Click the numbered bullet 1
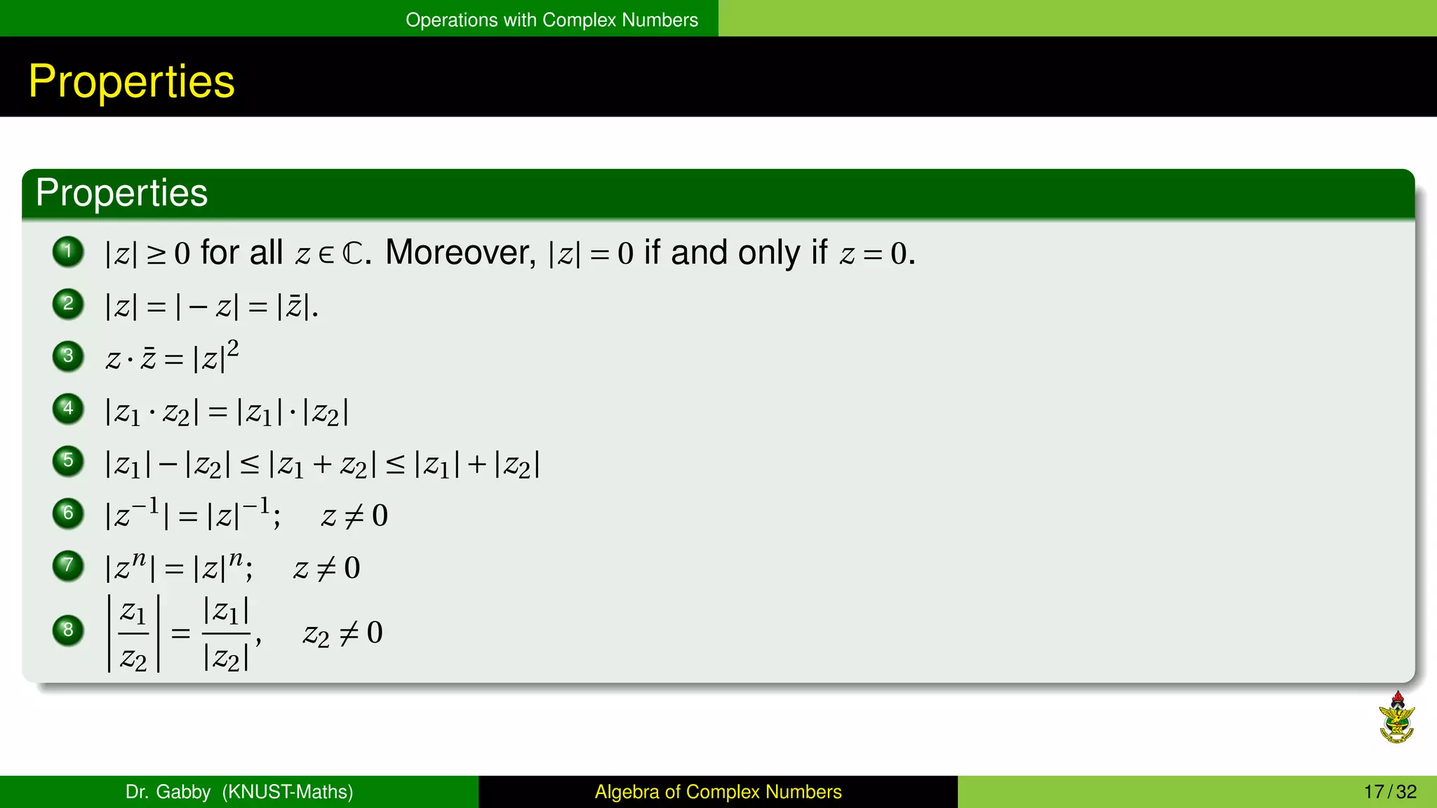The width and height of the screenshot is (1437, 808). (x=68, y=252)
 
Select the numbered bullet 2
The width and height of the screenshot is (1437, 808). (x=68, y=304)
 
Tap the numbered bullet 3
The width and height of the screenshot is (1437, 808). (x=68, y=356)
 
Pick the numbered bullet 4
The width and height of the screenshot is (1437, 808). (x=68, y=408)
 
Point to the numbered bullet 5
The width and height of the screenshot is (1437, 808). (x=68, y=461)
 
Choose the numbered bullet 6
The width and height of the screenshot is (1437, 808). (x=68, y=513)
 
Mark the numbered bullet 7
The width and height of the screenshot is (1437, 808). (x=68, y=565)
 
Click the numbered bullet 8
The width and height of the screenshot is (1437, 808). (x=68, y=630)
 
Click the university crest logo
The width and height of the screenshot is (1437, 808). (x=1396, y=718)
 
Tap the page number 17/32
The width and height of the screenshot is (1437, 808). (x=1390, y=792)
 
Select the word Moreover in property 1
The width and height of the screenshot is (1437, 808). (x=460, y=252)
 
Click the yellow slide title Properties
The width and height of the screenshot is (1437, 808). (x=131, y=81)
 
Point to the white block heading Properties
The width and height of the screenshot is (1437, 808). (x=121, y=193)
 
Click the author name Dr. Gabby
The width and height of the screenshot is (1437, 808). (x=168, y=792)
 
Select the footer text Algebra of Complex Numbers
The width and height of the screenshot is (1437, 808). (x=718, y=792)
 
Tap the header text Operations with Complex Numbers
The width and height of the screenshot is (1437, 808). (x=552, y=20)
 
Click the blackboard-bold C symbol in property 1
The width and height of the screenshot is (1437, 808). (x=353, y=254)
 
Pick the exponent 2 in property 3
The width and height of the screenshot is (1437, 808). (x=233, y=348)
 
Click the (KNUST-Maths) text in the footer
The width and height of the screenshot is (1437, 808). (x=288, y=792)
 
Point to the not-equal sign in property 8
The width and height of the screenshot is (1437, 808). (x=349, y=633)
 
